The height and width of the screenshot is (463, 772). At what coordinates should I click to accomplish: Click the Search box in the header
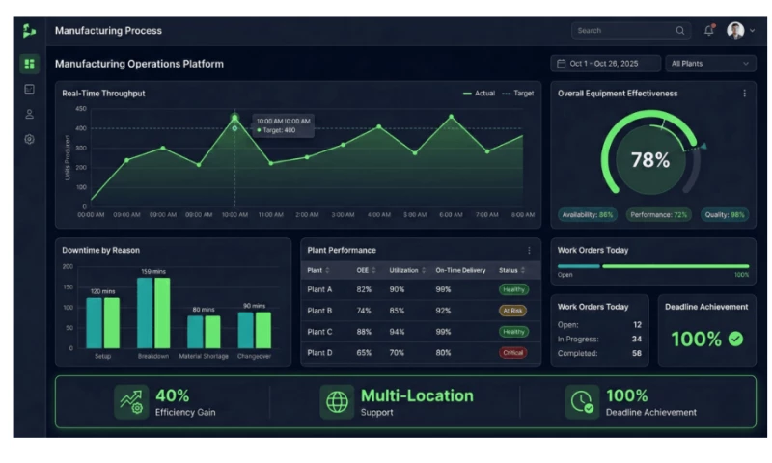coord(629,31)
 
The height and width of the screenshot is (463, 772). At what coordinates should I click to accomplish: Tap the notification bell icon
coord(709,31)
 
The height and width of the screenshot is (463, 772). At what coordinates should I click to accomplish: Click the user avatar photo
coord(735,31)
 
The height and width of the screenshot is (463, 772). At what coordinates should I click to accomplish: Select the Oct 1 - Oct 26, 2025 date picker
coord(603,64)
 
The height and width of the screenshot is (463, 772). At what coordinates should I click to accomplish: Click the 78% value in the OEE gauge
coord(650,160)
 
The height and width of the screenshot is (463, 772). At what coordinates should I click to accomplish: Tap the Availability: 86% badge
coord(588,214)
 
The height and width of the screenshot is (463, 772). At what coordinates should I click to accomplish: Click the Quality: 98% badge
coord(724,214)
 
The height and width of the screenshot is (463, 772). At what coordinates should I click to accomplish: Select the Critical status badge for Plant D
coord(513,353)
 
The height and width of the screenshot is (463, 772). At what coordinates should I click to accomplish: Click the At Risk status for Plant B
coord(513,311)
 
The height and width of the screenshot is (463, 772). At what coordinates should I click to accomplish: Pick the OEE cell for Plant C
coord(364,332)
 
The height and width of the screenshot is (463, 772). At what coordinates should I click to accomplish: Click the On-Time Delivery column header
coord(460,270)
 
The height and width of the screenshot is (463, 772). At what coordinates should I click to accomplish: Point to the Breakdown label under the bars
coord(153,356)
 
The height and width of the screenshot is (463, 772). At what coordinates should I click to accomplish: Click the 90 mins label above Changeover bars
coord(255,306)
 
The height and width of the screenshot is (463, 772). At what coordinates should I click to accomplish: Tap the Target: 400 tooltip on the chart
coord(280,130)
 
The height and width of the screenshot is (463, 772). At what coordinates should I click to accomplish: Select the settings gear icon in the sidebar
coord(29,139)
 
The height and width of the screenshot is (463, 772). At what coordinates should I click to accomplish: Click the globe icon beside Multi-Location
coord(337,402)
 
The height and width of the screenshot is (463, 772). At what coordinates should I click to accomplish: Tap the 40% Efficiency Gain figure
coord(173,395)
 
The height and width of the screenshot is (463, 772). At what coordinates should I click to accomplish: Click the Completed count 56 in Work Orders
coord(637,353)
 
